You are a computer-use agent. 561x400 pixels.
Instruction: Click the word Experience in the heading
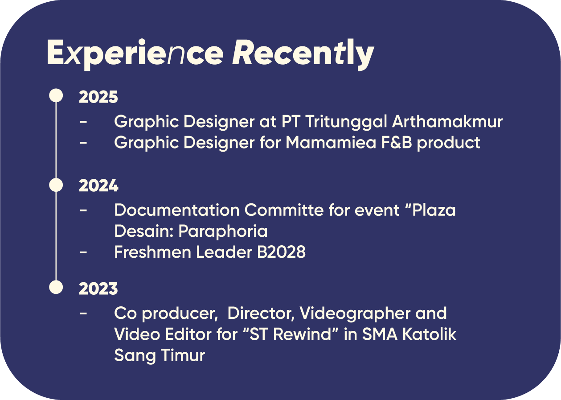click(135, 54)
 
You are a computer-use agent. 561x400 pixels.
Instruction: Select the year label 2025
click(98, 97)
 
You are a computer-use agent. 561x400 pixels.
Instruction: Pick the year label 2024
click(98, 186)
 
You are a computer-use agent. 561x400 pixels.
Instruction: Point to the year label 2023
click(98, 289)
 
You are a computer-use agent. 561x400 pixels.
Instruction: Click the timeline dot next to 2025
click(56, 95)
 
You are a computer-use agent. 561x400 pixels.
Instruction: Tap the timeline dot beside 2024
click(56, 185)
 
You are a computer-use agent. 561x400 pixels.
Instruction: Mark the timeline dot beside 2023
click(56, 287)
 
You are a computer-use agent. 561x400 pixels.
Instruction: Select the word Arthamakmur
click(447, 122)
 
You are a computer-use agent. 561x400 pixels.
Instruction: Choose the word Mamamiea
click(331, 143)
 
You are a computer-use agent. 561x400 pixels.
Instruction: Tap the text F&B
click(397, 143)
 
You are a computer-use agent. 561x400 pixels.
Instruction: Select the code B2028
click(281, 252)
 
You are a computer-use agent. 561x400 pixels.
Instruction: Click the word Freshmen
click(152, 252)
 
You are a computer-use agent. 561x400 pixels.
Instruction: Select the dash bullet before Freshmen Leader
click(83, 252)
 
